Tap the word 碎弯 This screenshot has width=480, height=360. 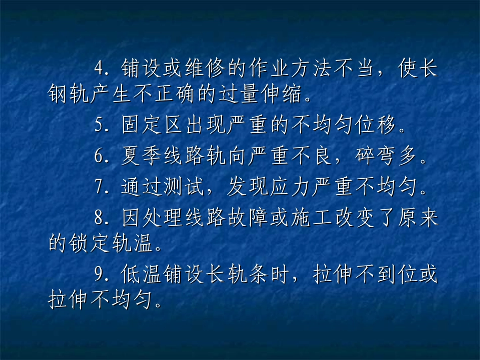tap(370, 157)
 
